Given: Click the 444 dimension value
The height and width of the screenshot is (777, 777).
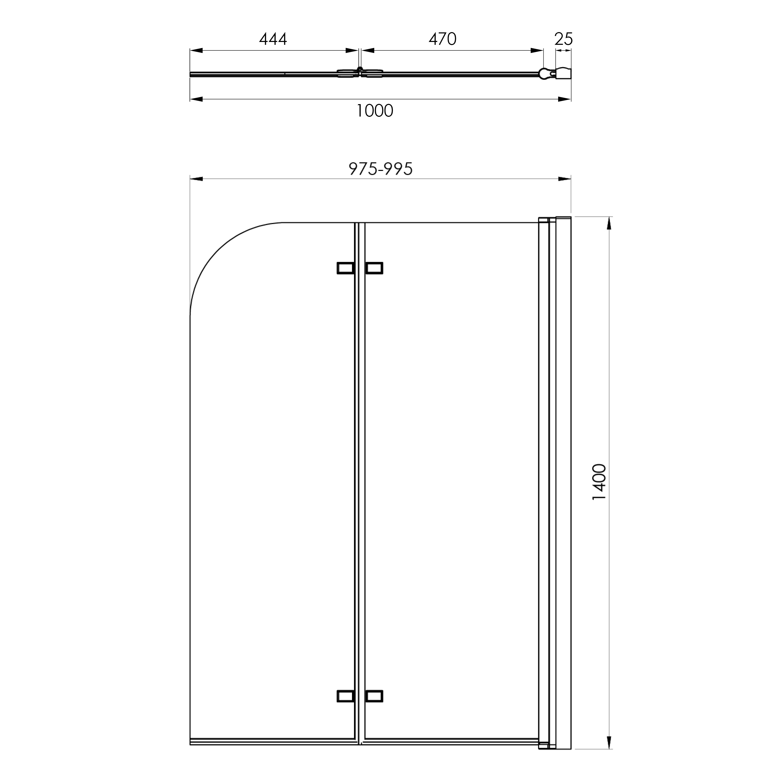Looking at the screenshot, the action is [x=273, y=39].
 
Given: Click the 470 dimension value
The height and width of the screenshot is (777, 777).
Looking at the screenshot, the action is [x=442, y=39].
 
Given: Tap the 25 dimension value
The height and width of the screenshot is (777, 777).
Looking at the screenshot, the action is [x=563, y=39].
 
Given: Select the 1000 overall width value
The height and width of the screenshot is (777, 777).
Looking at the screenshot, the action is [x=375, y=111].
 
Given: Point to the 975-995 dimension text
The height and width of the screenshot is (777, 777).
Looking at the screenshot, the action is [x=380, y=169].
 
